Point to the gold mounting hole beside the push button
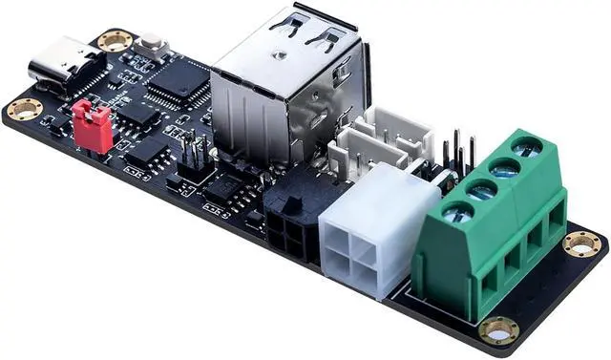[115, 41]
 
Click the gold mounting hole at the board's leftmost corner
[24, 109]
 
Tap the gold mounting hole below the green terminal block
[498, 331]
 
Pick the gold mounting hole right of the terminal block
[581, 244]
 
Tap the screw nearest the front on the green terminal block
[458, 212]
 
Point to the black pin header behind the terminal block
[458, 153]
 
